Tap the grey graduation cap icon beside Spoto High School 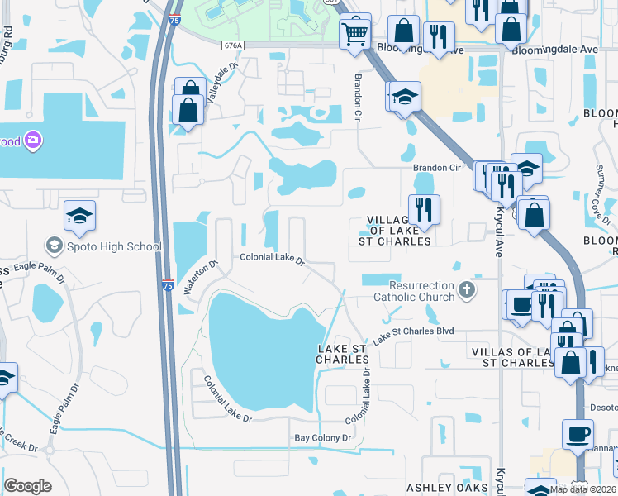coord(54,246)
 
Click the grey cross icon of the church coord(467,289)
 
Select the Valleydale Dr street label coord(221,80)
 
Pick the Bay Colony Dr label coord(323,437)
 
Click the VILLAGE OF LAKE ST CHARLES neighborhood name coord(400,231)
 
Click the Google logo coord(28,486)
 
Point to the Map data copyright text coord(581,489)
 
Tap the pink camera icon coord(33,141)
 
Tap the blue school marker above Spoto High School coord(79,217)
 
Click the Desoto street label coord(601,407)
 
